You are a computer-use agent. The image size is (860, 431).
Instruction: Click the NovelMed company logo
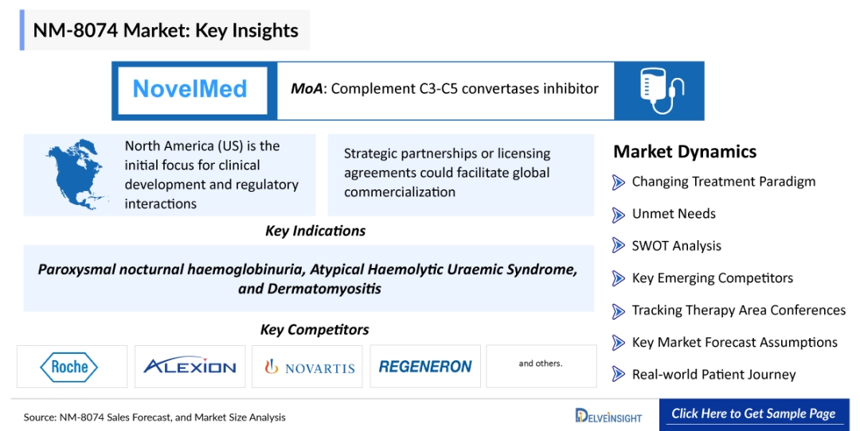pos(190,89)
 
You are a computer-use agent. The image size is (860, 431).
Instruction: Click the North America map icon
pos(76,175)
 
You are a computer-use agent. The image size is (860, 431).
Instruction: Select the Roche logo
pos(70,367)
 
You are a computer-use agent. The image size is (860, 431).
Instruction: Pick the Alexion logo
pos(190,367)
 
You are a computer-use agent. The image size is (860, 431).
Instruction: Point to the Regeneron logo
pos(425,367)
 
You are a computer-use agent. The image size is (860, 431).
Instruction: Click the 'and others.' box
pos(541,364)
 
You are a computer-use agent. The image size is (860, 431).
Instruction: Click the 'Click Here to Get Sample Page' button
pos(753,414)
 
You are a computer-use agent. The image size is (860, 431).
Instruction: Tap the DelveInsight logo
pos(608,415)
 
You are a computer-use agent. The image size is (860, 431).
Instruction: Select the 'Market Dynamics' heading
pos(685,152)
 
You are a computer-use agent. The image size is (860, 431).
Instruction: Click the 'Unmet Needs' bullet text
pos(674,214)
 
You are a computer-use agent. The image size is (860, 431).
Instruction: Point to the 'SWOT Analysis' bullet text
pos(676,247)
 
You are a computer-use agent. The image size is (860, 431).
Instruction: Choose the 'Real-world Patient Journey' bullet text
pos(713,375)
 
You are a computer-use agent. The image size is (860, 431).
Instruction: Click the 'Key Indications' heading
pos(315,231)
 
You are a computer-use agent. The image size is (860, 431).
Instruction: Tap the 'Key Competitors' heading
pos(315,329)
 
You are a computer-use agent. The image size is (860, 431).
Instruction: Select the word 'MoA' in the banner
pos(307,89)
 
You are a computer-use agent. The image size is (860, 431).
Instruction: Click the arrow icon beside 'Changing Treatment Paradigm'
pos(619,182)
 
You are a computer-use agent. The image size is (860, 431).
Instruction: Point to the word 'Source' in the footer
pos(39,417)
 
